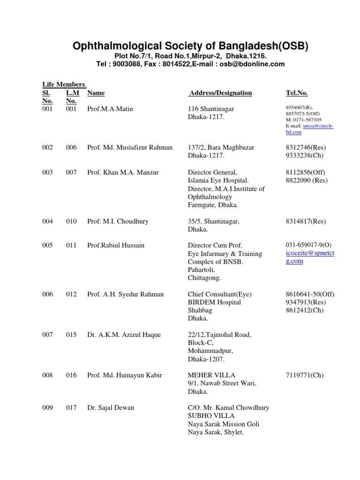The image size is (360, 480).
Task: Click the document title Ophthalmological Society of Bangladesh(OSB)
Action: pos(190,46)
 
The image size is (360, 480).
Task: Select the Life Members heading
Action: pos(64,84)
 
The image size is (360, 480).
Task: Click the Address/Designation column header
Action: pos(220,93)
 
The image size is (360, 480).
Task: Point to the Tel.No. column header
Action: pos(297,93)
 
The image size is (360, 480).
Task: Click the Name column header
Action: pos(96,93)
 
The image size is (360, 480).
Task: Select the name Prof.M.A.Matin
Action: pos(110,109)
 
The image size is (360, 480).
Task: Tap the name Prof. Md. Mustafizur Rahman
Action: pos(130,147)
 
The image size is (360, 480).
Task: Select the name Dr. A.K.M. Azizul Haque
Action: pos(124,335)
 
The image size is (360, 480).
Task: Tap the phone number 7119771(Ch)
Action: pos(304,375)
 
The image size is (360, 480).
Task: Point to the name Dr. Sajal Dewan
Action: pos(111,407)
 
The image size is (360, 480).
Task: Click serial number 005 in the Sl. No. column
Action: pos(47,245)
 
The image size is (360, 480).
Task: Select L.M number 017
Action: pos(71,407)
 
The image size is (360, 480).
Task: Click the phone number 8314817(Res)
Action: pos(306,221)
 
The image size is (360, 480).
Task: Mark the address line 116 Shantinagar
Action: pos(211,109)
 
